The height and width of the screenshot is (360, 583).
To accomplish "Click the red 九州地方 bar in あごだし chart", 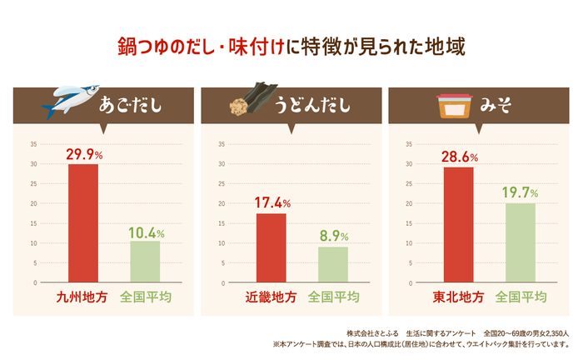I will pyautogui.click(x=82, y=223).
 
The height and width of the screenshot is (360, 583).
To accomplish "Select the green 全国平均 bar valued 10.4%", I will pyautogui.click(x=145, y=262).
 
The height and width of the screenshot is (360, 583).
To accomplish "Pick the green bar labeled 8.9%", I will pyautogui.click(x=333, y=264).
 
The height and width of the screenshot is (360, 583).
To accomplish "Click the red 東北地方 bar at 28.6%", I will pyautogui.click(x=458, y=225).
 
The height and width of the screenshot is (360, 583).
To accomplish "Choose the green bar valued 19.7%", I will pyautogui.click(x=521, y=242).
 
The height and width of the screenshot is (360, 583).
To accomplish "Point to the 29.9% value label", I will pyautogui.click(x=83, y=155).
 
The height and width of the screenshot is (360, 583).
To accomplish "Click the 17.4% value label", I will pyautogui.click(x=271, y=203).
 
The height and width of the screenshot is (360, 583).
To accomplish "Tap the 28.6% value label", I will pyautogui.click(x=458, y=157).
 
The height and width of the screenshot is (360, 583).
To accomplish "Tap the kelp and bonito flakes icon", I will pyautogui.click(x=252, y=104).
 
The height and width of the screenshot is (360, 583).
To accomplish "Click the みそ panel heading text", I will pyautogui.click(x=497, y=106).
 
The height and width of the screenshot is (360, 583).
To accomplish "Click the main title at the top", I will pyautogui.click(x=291, y=45).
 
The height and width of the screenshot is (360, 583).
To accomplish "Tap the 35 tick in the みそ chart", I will pyautogui.click(x=409, y=144).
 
